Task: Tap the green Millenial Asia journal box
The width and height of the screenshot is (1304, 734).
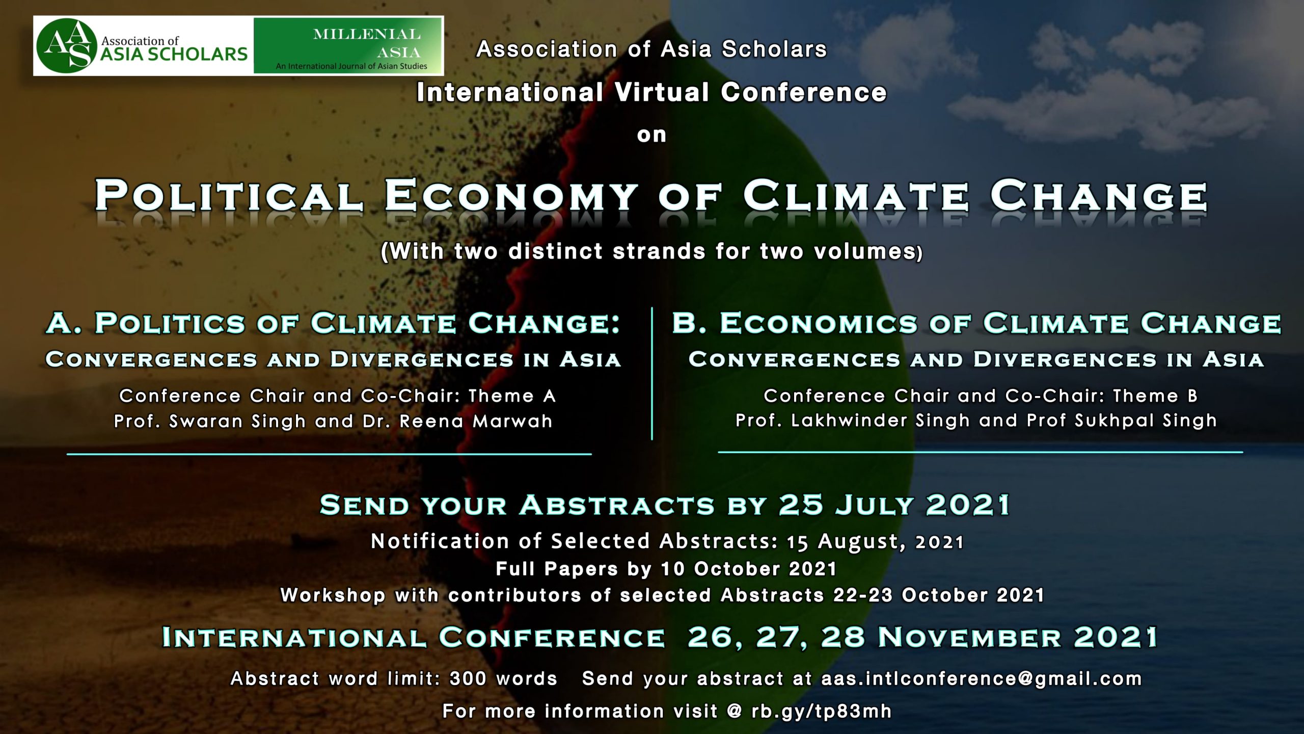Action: (348, 45)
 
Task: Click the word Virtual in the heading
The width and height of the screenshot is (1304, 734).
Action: (662, 92)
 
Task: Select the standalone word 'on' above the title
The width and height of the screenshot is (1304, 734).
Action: (651, 135)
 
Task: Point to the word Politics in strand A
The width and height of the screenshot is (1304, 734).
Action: (170, 323)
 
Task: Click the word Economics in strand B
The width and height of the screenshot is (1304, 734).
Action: (819, 323)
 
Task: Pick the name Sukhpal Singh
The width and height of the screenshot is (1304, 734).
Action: (1146, 421)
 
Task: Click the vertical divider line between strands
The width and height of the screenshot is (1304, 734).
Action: (652, 373)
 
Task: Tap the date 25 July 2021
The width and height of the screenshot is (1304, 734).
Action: (894, 505)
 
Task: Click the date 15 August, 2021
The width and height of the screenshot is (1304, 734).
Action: (875, 542)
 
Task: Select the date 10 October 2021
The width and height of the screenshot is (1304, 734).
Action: (749, 568)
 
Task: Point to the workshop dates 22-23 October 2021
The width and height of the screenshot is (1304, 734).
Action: (939, 595)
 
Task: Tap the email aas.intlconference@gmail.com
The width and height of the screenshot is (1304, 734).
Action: (982, 679)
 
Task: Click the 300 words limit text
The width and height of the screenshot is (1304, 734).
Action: (503, 679)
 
